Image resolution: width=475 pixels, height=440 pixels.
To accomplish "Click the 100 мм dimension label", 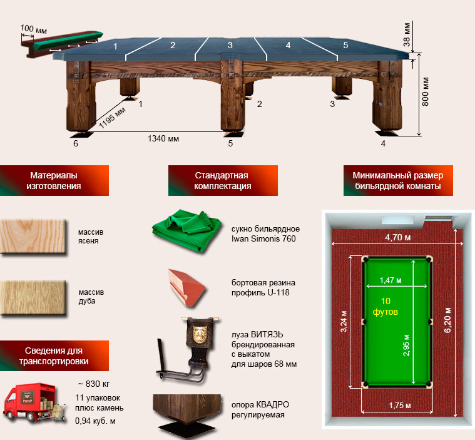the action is pos(34,29).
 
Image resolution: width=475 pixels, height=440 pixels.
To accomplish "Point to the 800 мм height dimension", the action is pos(426,91).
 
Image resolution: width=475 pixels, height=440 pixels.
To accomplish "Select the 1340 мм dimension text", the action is pos(163,138).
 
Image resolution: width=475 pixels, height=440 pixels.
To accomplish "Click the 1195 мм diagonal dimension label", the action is pos(112,118).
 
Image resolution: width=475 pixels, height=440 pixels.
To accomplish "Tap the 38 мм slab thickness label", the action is pos(407,34).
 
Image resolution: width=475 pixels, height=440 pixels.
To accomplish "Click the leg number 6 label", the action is pos(76,143).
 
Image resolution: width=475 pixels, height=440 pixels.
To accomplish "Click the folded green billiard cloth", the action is pos(187,230).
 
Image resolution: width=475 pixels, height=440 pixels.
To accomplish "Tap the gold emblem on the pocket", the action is pos(200,334).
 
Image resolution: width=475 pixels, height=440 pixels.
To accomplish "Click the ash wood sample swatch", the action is pos(33,237).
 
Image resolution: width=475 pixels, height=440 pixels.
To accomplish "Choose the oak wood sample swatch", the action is pos(33,298).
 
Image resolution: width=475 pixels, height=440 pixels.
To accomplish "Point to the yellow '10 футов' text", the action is pos(386,306).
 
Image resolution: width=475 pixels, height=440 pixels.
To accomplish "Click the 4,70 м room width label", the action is pos(398,238).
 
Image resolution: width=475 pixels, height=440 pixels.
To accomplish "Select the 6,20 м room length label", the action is pos(447,320).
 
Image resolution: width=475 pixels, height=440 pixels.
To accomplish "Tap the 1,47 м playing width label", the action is pos(391,280).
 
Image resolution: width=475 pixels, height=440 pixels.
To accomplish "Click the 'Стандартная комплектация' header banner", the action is pos(223,180).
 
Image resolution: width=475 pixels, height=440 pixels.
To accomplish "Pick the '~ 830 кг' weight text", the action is pos(94,384).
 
